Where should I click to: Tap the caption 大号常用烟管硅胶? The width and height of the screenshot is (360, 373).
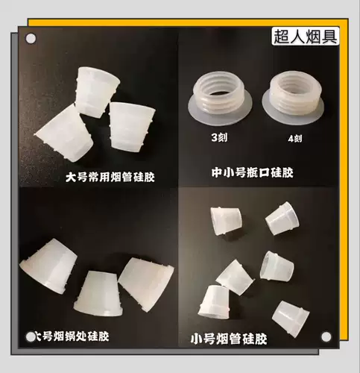[114, 177]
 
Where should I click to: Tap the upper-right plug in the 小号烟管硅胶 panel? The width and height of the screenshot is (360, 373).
[281, 216]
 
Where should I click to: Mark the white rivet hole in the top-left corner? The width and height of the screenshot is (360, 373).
[31, 37]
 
